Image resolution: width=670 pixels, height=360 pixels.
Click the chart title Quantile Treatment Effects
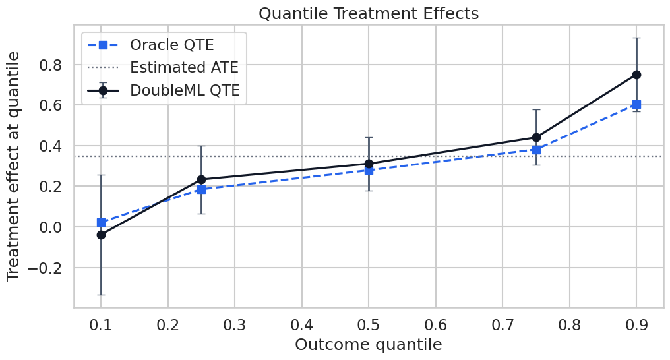(369, 13)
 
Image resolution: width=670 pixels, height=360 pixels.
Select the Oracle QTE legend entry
(150, 45)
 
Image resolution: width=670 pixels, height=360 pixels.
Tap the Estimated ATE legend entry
(163, 67)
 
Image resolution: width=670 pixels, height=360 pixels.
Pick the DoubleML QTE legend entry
(164, 90)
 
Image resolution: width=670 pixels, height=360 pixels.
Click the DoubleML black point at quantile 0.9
(636, 75)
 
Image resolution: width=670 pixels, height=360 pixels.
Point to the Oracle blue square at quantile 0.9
(636, 105)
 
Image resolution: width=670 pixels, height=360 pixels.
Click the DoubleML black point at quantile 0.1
(102, 235)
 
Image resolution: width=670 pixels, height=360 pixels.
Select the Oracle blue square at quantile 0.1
(102, 222)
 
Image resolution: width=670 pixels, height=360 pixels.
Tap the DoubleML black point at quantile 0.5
(369, 164)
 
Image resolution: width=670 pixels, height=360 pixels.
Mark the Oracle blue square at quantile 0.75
(536, 150)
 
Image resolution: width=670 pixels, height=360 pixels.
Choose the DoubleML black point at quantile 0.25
(201, 179)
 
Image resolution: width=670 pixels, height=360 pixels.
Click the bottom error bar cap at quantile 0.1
(102, 295)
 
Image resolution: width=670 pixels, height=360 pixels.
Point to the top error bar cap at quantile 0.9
(636, 38)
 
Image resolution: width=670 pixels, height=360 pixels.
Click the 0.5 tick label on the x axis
(369, 326)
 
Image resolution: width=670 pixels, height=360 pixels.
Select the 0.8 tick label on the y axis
(51, 65)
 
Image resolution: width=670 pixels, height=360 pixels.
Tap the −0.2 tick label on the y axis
(45, 268)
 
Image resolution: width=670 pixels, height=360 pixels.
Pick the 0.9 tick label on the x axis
(636, 326)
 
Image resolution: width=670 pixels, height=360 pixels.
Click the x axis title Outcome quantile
(369, 345)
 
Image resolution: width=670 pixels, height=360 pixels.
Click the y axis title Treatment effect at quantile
(13, 167)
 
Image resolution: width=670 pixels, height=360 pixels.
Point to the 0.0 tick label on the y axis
(51, 227)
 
